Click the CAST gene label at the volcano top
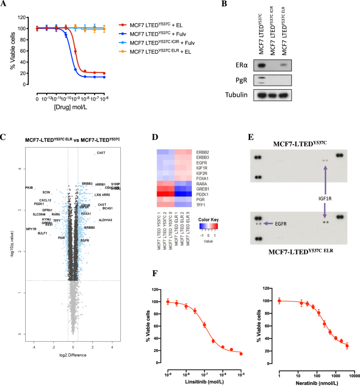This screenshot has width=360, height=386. tap(101, 153)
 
